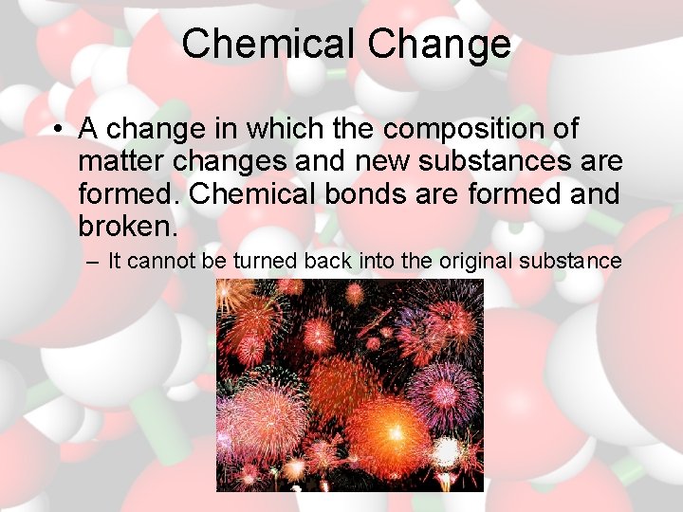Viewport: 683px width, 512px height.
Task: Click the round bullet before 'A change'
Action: point(59,129)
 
